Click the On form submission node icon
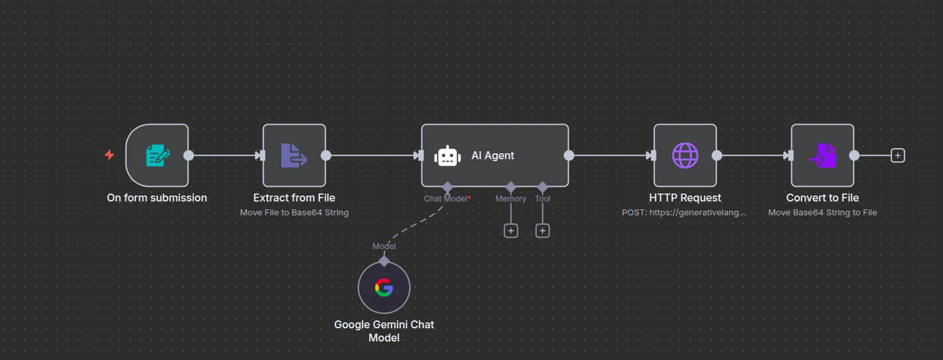(x=157, y=156)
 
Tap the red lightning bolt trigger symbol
(x=110, y=155)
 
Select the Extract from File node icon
(x=294, y=156)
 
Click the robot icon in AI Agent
(x=447, y=156)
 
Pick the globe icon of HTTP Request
(x=685, y=156)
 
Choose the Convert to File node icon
(x=822, y=156)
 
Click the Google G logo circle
(x=384, y=288)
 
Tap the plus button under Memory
(x=510, y=231)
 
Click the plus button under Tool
(x=542, y=231)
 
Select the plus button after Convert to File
(x=897, y=156)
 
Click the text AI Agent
(x=493, y=156)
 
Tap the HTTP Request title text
(x=685, y=198)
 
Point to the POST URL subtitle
(x=685, y=213)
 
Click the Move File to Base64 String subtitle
(x=294, y=213)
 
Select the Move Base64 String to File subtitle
(x=822, y=213)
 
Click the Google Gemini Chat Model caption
(x=384, y=331)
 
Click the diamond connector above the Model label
(x=384, y=260)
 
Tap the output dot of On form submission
(x=189, y=156)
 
